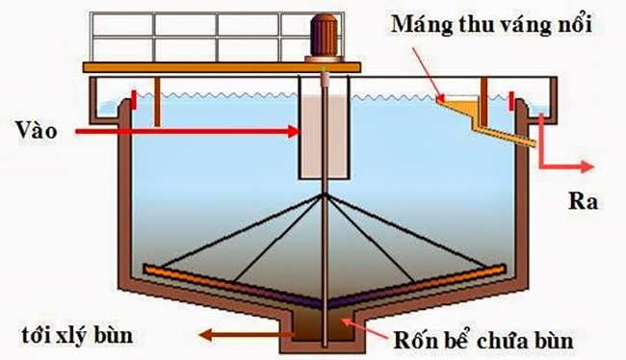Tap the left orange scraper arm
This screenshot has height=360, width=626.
(222, 279)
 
